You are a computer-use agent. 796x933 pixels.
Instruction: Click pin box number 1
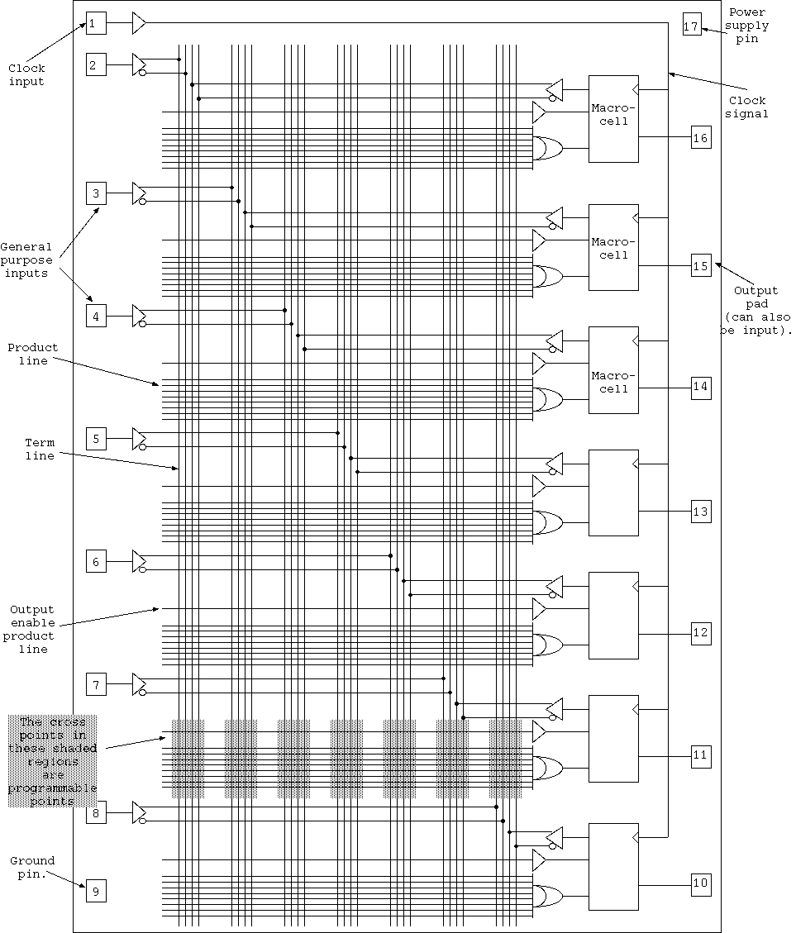96,23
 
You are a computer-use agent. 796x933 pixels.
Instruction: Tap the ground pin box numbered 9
96,892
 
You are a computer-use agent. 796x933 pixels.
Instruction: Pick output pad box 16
700,137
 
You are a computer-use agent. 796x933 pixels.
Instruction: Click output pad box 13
700,512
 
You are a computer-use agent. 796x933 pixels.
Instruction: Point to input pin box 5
96,439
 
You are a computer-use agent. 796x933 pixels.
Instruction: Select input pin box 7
96,684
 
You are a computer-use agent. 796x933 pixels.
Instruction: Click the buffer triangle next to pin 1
138,23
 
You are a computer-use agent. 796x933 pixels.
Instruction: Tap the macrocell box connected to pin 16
613,118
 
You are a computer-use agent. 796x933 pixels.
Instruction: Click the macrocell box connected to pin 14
613,370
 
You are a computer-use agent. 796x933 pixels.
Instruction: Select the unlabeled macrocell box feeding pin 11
613,738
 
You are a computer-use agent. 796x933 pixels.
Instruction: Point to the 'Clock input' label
26,75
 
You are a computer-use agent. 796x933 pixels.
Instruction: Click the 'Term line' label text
40,450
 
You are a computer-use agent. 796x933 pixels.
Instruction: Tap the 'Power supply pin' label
747,26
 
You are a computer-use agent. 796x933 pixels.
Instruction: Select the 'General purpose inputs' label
26,259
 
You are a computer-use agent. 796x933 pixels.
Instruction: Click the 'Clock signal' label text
747,107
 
